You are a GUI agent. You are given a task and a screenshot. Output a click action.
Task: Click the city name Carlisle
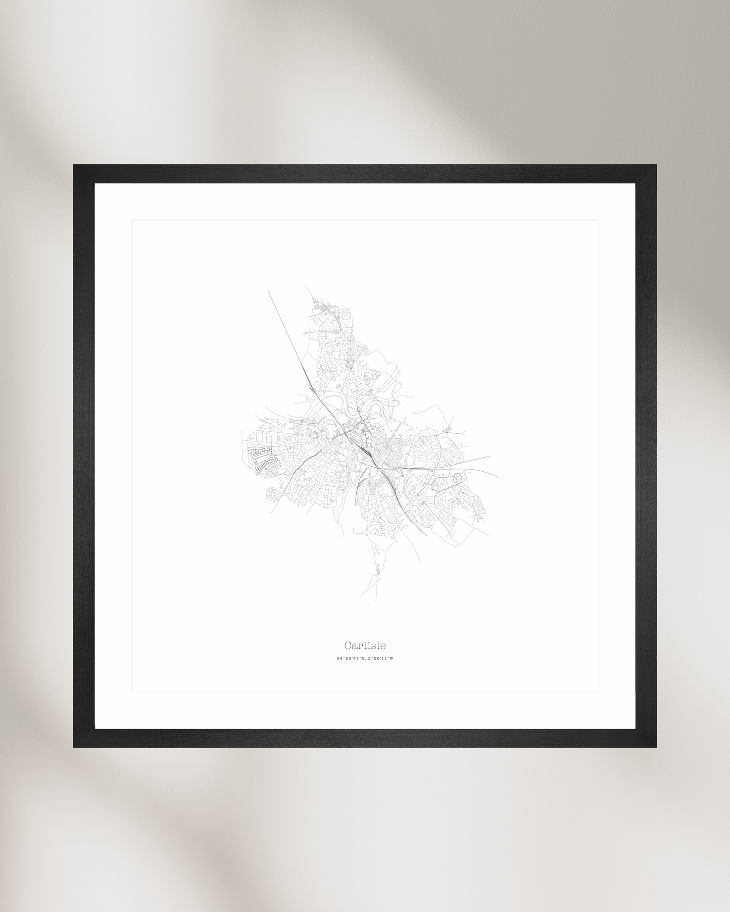pyautogui.click(x=365, y=645)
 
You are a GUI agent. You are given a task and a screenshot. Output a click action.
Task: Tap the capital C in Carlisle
pyautogui.click(x=348, y=645)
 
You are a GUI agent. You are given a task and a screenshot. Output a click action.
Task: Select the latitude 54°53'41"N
pyautogui.click(x=351, y=658)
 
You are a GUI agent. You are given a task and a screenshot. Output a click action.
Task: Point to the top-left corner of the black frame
pyautogui.click(x=74, y=165)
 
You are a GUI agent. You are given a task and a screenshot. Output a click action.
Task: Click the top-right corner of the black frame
pyautogui.click(x=656, y=165)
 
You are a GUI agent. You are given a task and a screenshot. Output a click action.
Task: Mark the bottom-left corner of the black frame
pyautogui.click(x=74, y=747)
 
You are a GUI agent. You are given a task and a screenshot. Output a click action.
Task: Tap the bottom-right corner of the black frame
pyautogui.click(x=656, y=747)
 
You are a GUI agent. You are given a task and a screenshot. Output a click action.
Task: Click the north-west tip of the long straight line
pyautogui.click(x=268, y=291)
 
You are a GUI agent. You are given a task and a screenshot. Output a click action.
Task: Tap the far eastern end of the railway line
pyautogui.click(x=499, y=477)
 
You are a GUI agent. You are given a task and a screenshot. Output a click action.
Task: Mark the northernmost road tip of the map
pyautogui.click(x=306, y=285)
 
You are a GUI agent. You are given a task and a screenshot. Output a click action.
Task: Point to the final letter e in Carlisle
pyautogui.click(x=383, y=646)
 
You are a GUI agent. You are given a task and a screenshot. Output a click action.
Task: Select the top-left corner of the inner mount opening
pyautogui.click(x=132, y=221)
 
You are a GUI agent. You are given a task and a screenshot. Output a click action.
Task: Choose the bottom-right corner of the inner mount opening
pyautogui.click(x=598, y=691)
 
